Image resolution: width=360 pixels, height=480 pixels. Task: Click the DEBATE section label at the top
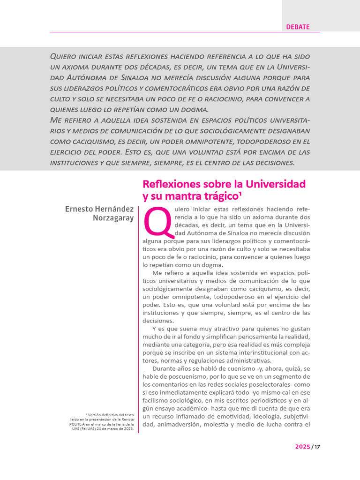point(298,27)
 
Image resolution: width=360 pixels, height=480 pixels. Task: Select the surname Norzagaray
point(113,218)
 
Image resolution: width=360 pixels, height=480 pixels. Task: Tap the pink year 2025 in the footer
point(302,447)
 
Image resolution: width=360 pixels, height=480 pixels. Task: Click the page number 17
point(317,447)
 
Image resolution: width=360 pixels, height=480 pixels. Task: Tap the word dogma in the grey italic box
point(195,110)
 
